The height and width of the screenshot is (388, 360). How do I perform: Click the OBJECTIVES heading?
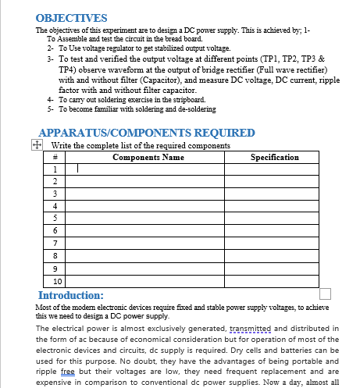pyautogui.click(x=72, y=17)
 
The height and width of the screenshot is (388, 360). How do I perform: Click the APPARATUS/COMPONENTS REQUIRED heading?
pyautogui.click(x=146, y=133)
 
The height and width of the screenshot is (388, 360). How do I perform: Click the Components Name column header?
pyautogui.click(x=148, y=157)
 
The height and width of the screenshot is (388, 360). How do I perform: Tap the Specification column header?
pyautogui.click(x=273, y=157)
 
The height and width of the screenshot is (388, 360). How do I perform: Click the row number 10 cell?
pyautogui.click(x=57, y=281)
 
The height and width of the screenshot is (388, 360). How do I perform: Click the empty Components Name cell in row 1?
pyautogui.click(x=148, y=169)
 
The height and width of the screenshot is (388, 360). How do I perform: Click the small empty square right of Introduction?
pyautogui.click(x=326, y=294)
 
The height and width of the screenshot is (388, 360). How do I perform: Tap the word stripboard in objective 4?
pyautogui.click(x=186, y=99)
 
